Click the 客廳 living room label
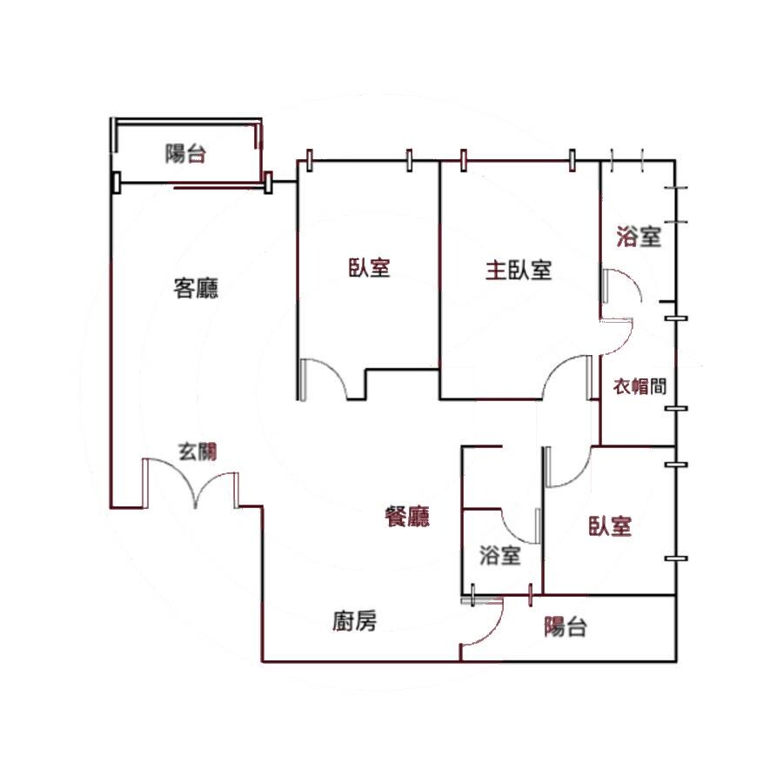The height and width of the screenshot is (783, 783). [x=196, y=288]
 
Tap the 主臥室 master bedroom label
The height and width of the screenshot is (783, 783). [x=519, y=271]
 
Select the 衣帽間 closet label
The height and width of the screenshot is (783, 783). [x=639, y=386]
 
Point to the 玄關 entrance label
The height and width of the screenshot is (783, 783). [x=197, y=452]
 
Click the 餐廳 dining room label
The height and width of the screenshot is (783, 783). [x=407, y=516]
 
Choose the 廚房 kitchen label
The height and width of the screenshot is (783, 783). [x=355, y=621]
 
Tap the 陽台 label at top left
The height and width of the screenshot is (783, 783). [x=186, y=153]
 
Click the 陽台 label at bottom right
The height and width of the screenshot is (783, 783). [x=565, y=626]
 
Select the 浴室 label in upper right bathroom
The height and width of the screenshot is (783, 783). [x=639, y=236]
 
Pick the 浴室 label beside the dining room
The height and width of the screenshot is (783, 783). [x=500, y=555]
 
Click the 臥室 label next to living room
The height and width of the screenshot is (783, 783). [x=369, y=267]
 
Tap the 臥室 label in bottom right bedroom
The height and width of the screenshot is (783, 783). [x=610, y=526]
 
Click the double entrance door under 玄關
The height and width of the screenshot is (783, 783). [x=191, y=484]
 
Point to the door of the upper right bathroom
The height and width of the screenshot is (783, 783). [x=621, y=286]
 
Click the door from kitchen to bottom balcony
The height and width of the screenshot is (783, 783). [x=481, y=622]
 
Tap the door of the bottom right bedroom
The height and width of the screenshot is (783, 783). [x=568, y=467]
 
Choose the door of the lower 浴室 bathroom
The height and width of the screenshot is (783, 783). [x=520, y=525]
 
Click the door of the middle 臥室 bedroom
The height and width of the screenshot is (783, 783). [x=322, y=379]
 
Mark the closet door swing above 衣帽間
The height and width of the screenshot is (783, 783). [x=617, y=336]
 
